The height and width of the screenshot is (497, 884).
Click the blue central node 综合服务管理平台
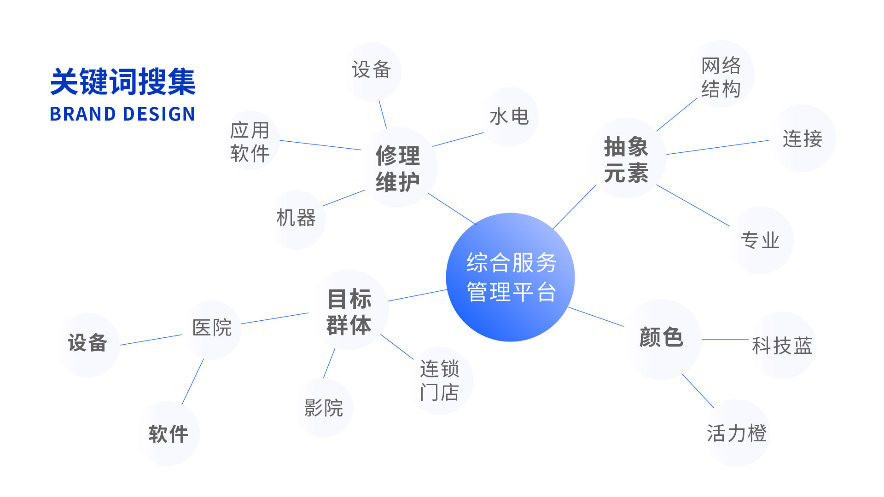point(510,277)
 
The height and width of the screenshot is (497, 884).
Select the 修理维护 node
point(397,167)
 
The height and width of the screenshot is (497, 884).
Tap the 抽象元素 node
point(626,158)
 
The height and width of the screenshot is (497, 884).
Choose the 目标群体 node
point(349,310)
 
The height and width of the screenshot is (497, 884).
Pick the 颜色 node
point(662,339)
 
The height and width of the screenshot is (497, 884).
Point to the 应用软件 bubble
point(250,141)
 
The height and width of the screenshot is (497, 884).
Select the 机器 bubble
point(296,220)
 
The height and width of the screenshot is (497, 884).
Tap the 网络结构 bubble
point(721,74)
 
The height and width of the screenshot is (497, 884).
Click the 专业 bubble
point(760,240)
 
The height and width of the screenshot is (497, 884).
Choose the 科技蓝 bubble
point(782,345)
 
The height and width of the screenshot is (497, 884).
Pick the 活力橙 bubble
point(737,433)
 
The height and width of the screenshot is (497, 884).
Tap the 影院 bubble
point(324,408)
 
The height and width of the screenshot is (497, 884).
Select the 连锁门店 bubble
point(440,381)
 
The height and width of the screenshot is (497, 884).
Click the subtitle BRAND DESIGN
point(122,114)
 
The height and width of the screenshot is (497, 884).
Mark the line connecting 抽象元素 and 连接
point(718,147)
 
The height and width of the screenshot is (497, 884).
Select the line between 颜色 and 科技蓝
point(725,340)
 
